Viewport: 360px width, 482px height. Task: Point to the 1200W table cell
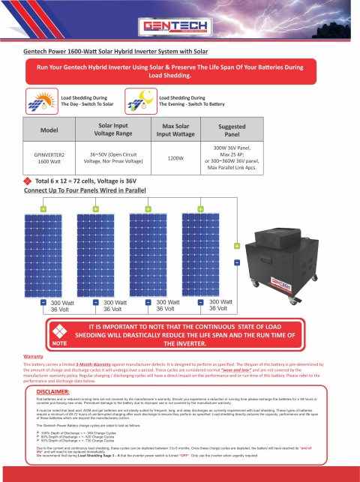[174, 159]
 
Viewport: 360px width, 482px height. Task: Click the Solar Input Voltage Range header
[110, 130]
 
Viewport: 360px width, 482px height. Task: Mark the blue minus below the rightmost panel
[202, 303]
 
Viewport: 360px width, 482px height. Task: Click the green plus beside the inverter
[237, 247]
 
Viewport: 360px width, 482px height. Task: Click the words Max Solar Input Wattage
[174, 130]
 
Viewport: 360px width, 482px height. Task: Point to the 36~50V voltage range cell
[110, 159]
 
